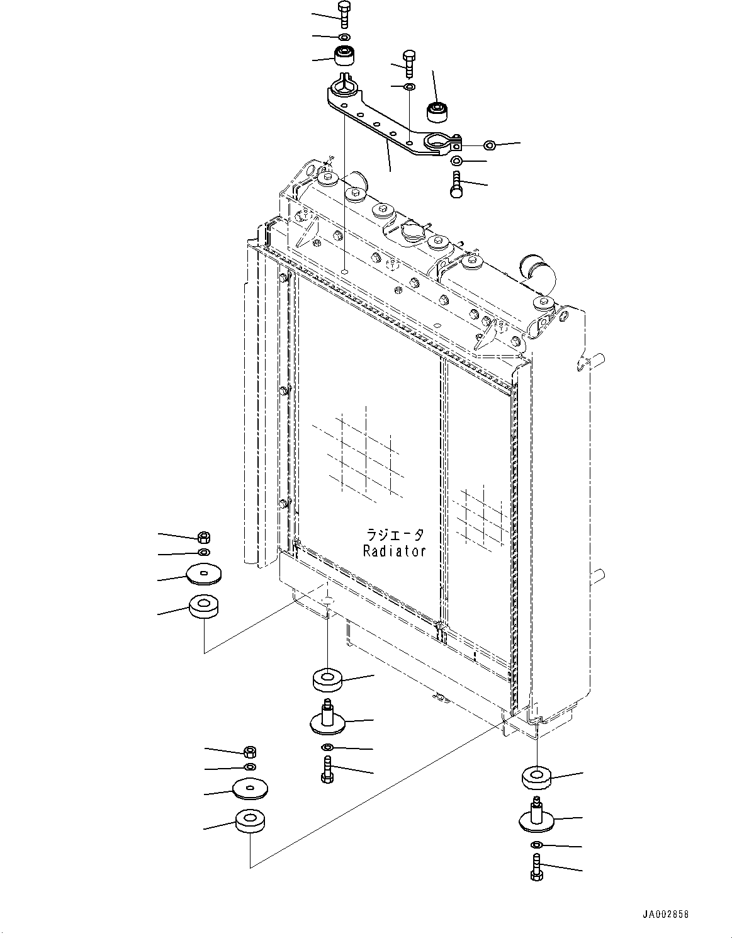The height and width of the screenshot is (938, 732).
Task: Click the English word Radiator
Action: pos(395,551)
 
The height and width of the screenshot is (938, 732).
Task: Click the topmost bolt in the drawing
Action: pos(344,14)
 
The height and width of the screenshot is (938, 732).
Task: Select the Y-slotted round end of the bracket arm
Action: pos(341,86)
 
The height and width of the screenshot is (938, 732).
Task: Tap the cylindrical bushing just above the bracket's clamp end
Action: pos(436,111)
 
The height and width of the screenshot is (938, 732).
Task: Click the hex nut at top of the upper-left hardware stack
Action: pos(203,537)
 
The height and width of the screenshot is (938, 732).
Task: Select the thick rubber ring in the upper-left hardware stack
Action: pos(204,607)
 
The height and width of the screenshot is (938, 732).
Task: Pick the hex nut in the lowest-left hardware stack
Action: pos(249,751)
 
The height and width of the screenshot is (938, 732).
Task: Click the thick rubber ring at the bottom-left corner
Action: pos(250,821)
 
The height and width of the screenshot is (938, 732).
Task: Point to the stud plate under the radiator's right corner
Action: pos(536,817)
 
